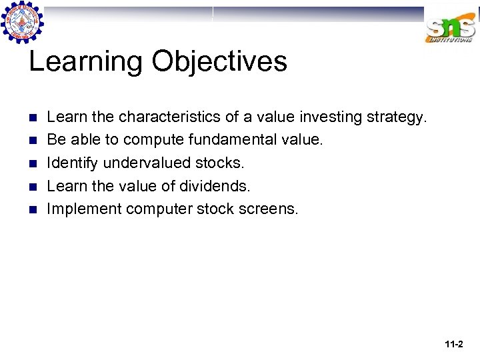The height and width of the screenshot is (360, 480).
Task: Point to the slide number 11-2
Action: click(453, 345)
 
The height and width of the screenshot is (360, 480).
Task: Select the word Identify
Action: click(72, 163)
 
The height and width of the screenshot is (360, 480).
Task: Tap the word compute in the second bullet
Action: click(155, 141)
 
